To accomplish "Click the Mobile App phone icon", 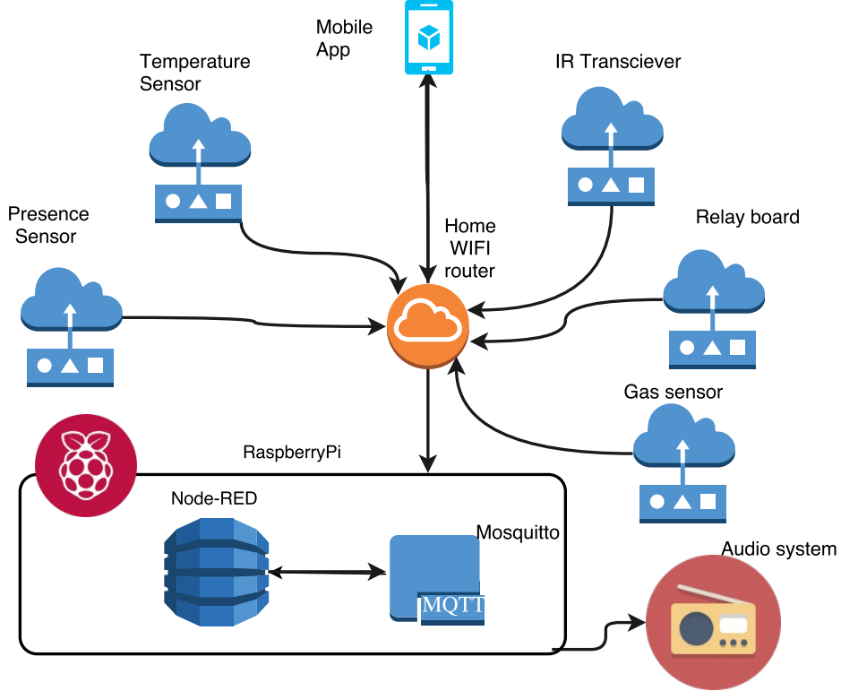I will coord(428,38).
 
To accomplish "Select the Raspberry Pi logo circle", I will coord(85,464).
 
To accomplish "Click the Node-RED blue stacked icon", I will coord(216,572).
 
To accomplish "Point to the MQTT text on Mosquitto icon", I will coord(453,606).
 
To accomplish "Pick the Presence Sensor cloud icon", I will coord(71,303).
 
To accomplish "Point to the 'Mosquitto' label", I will coord(518,532).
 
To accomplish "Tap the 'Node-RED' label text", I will coord(214,499).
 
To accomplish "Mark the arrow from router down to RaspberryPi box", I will coord(428,417).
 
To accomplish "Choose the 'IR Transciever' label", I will coord(618,62).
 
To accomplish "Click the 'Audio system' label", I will coord(779,549).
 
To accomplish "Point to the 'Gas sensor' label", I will coord(673,393).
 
